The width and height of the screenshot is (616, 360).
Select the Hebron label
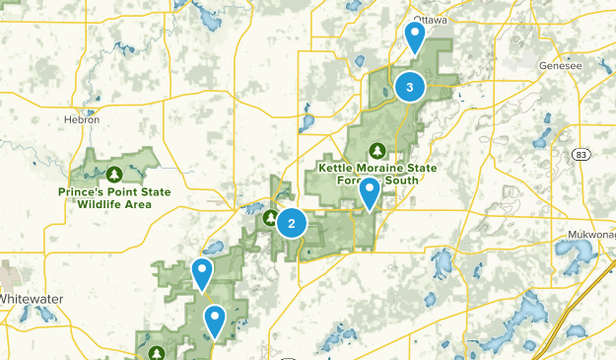83,120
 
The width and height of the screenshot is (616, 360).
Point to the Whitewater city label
32,297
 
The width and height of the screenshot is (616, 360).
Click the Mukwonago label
590,235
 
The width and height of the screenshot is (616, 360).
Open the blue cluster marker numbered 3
410,88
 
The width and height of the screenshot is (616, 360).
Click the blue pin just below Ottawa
416,37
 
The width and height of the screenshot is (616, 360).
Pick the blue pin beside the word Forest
370,192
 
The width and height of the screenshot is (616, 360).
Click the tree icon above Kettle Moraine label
376,151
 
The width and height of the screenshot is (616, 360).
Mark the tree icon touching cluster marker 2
271,215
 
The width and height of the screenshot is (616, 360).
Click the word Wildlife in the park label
101,204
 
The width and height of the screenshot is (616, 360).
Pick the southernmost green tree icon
156,352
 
